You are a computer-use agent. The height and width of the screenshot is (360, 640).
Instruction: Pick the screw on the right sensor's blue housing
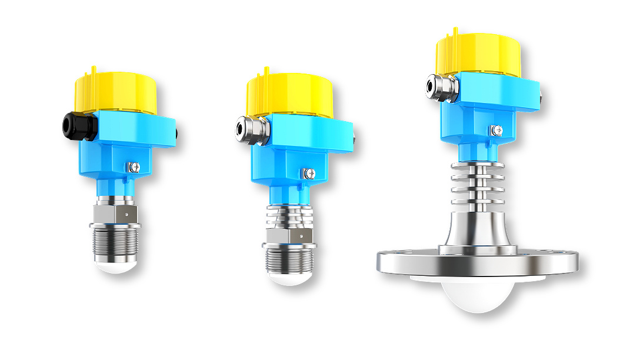[498, 129]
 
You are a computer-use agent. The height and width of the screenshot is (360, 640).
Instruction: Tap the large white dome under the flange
[477, 294]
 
